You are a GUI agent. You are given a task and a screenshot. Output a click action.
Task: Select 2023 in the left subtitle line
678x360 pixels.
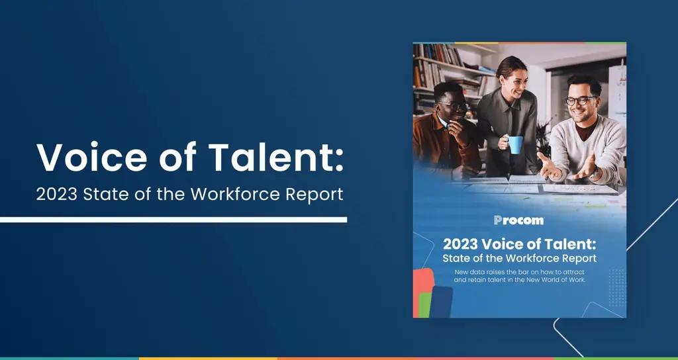[57, 195]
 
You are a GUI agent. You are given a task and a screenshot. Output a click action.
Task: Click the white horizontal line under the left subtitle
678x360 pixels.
[173, 220]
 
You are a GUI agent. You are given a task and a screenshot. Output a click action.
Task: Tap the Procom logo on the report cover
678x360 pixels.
[519, 220]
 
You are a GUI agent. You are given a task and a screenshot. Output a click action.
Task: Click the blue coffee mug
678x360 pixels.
[514, 145]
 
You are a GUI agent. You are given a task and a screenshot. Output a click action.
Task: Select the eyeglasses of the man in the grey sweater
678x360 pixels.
[581, 101]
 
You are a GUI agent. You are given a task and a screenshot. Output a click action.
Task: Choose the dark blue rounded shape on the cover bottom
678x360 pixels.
[441, 302]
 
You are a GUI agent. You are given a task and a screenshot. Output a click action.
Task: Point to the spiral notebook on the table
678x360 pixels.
[526, 179]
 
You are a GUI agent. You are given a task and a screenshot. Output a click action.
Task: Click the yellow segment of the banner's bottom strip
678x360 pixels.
[208, 358]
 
